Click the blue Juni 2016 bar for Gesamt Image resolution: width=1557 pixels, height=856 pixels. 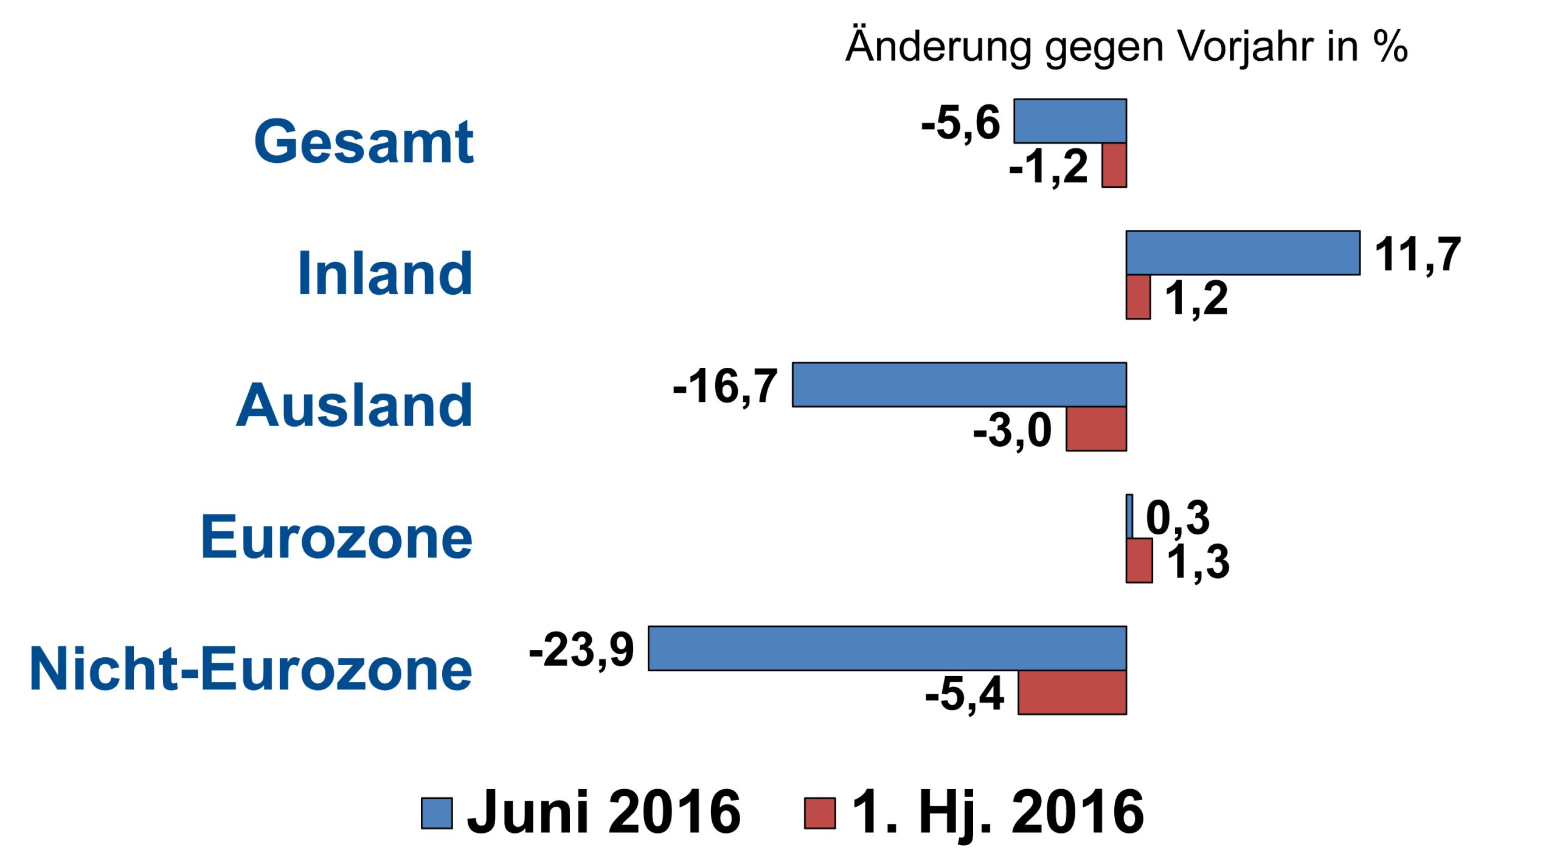pyautogui.click(x=1070, y=121)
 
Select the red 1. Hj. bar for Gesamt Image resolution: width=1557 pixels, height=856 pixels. pyautogui.click(x=1114, y=165)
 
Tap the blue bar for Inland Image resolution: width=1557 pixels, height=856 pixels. pyautogui.click(x=1243, y=253)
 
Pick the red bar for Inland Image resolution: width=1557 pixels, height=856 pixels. pyautogui.click(x=1138, y=297)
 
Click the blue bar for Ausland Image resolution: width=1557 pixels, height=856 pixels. pyautogui.click(x=959, y=385)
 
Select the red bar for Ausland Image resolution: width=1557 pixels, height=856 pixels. pyautogui.click(x=1096, y=429)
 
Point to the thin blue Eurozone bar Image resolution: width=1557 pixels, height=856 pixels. pyautogui.click(x=1129, y=516)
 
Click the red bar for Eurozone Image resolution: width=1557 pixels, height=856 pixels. pyautogui.click(x=1139, y=561)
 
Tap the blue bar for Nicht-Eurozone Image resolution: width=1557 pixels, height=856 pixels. pyautogui.click(x=887, y=648)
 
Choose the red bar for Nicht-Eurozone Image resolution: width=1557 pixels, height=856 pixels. pyautogui.click(x=1072, y=692)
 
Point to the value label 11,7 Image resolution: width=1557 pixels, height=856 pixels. pyautogui.click(x=1417, y=254)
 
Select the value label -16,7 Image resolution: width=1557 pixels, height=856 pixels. pyautogui.click(x=725, y=387)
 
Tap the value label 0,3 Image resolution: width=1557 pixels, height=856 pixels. pyautogui.click(x=1177, y=518)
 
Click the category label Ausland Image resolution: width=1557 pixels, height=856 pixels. pyautogui.click(x=354, y=406)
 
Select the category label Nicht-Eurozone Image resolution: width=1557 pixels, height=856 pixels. pyautogui.click(x=251, y=669)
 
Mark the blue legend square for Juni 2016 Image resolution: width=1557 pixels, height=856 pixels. pyautogui.click(x=437, y=813)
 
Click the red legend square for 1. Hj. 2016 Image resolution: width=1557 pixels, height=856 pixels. pyautogui.click(x=820, y=813)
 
